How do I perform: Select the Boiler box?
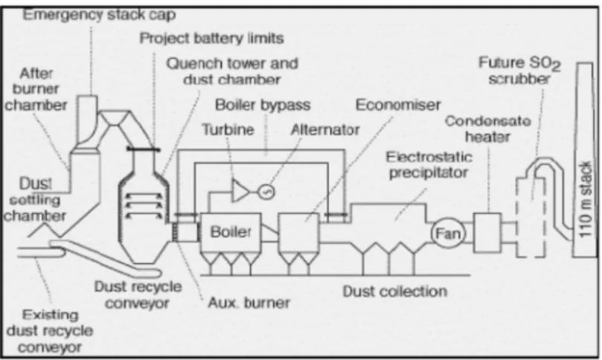click(231, 233)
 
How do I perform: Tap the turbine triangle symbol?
click(240, 190)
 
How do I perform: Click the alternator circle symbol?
click(266, 191)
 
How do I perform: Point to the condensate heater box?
click(487, 233)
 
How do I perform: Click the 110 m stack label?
click(585, 199)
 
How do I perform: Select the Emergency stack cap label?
click(99, 15)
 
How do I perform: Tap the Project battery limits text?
click(211, 38)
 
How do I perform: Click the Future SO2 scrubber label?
click(519, 71)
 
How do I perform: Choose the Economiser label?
click(398, 104)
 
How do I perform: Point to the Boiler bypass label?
click(263, 105)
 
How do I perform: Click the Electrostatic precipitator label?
click(429, 164)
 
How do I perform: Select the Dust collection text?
click(395, 292)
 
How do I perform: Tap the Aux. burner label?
click(249, 303)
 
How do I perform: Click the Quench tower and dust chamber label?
click(232, 71)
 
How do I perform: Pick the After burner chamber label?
click(36, 89)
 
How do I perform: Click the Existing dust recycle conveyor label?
click(50, 331)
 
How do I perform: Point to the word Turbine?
click(228, 129)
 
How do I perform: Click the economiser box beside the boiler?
click(298, 233)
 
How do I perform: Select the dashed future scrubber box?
click(531, 217)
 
